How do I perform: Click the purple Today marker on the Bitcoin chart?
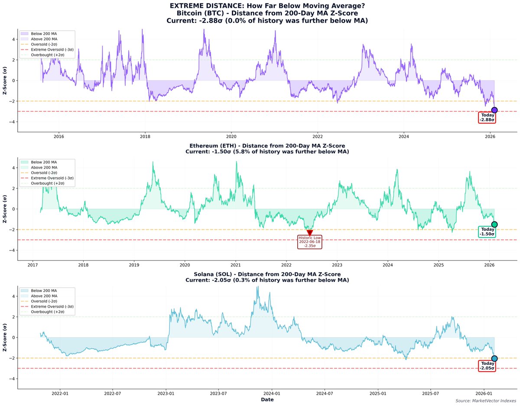click(x=494, y=110)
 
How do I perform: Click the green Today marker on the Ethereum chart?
click(x=494, y=224)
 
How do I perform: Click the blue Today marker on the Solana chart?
click(x=494, y=358)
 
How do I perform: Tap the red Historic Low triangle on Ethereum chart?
click(x=309, y=233)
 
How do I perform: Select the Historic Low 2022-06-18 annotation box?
click(x=309, y=241)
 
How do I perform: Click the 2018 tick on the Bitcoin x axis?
click(x=145, y=137)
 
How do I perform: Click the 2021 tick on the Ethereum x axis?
click(x=236, y=265)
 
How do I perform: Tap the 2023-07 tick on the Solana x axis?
click(x=218, y=393)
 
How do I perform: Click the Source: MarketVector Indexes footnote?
click(x=486, y=401)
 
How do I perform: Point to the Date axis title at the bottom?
click(x=267, y=400)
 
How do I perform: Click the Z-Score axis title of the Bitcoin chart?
click(x=5, y=81)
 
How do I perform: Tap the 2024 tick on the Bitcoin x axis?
click(x=403, y=137)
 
